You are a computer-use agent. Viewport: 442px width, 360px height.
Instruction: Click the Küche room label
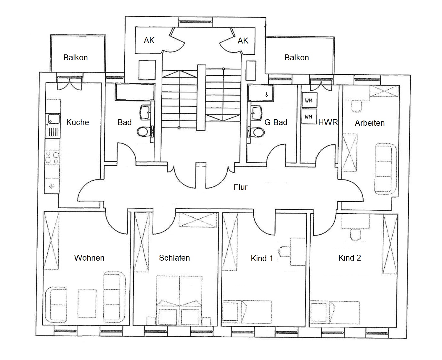(78, 122)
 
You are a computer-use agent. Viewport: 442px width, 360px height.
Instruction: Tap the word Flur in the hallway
(240, 187)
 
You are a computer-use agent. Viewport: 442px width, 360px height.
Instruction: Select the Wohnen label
(89, 258)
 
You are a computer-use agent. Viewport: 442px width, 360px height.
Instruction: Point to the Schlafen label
(174, 258)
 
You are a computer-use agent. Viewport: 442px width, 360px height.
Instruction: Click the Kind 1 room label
(262, 259)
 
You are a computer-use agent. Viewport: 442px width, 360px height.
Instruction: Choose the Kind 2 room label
(350, 258)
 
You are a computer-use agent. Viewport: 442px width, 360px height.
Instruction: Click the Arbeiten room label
(370, 123)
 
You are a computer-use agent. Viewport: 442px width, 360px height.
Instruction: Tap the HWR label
(328, 122)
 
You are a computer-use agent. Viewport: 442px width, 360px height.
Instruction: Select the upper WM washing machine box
(309, 101)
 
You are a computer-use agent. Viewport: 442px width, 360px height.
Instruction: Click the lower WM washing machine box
(309, 117)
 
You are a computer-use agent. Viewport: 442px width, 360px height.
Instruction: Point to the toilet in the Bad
(144, 132)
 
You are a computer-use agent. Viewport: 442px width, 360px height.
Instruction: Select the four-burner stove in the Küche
(52, 157)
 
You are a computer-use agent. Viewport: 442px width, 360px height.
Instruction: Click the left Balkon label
(75, 57)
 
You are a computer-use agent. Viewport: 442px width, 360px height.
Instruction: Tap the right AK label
(243, 41)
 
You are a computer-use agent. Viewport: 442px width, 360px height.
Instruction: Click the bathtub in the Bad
(135, 92)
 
